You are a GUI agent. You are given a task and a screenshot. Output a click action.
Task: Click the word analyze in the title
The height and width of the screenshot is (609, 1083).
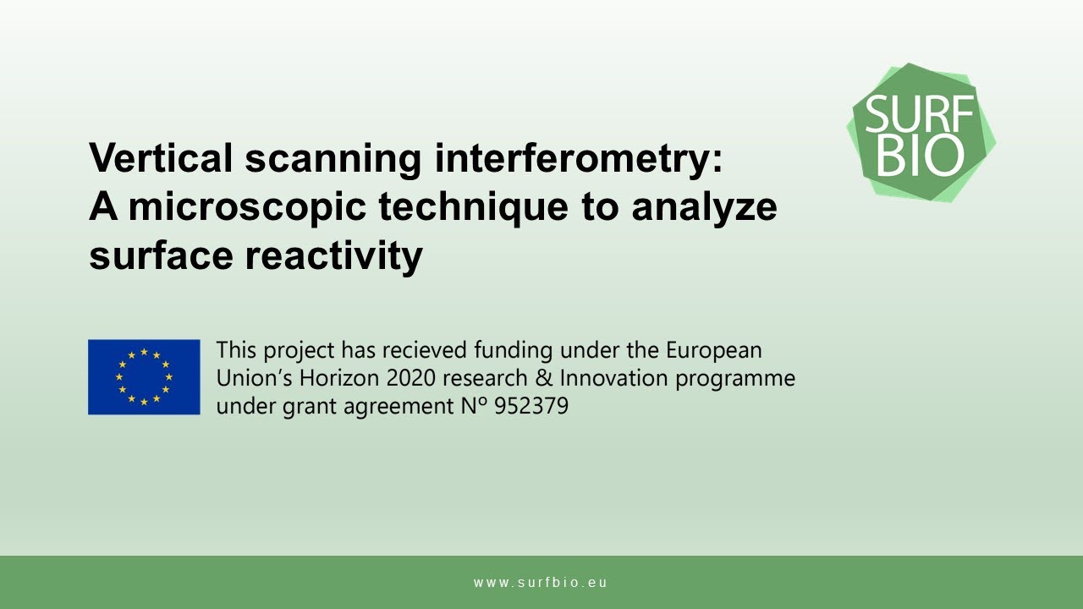pyautogui.click(x=704, y=207)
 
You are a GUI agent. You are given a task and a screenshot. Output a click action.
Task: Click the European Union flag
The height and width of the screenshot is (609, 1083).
pyautogui.click(x=144, y=377)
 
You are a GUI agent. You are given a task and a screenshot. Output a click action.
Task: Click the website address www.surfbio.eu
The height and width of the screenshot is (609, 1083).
pyautogui.click(x=541, y=583)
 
